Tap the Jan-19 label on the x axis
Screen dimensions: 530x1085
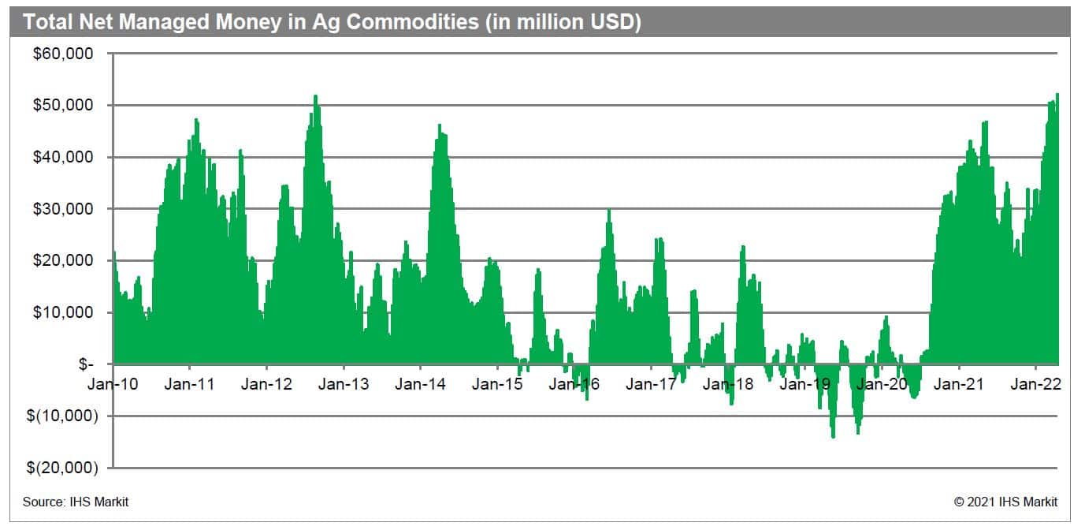tap(805, 385)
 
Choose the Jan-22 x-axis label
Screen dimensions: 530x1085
tap(1035, 385)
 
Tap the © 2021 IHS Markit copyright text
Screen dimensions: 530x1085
tap(1006, 502)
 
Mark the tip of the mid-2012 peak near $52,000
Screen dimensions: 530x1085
tap(315, 96)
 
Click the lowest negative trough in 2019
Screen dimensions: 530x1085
tap(833, 437)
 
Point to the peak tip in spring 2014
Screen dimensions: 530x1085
tap(440, 125)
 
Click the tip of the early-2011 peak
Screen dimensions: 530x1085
tap(196, 119)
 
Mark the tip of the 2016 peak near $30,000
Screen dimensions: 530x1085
tap(608, 210)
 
